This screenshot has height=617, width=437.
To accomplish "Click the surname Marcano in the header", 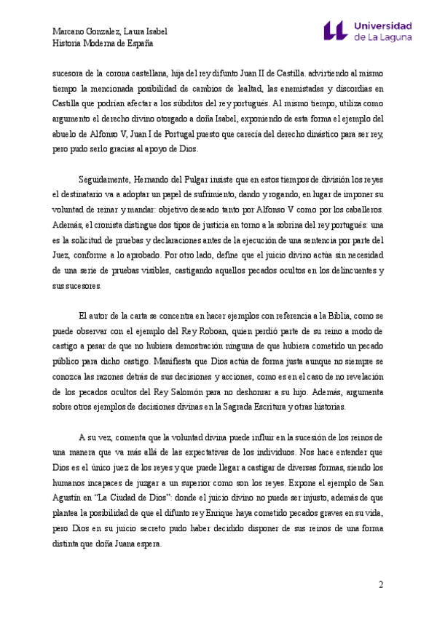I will [x=71, y=31].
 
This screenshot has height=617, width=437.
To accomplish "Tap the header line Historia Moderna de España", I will [x=103, y=43].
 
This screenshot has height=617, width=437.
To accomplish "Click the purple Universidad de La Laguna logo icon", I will [x=336, y=31].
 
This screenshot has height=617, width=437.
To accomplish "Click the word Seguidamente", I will [x=103, y=179].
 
